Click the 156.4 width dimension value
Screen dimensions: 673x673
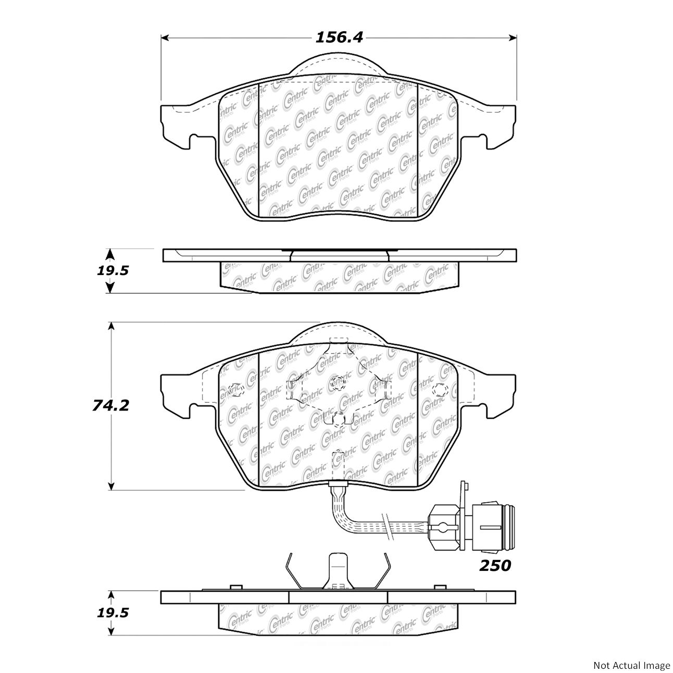click(339, 38)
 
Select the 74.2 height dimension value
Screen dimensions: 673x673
click(111, 405)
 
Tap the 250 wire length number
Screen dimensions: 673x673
click(495, 565)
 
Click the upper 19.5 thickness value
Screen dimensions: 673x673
click(113, 271)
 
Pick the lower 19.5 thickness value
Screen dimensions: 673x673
click(113, 613)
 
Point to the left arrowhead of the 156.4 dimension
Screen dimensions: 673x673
click(165, 38)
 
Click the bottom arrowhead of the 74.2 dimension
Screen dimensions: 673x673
click(111, 486)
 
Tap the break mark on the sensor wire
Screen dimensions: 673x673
click(387, 527)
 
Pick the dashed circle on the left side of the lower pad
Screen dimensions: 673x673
click(234, 389)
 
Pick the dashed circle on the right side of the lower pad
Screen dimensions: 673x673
click(439, 389)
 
